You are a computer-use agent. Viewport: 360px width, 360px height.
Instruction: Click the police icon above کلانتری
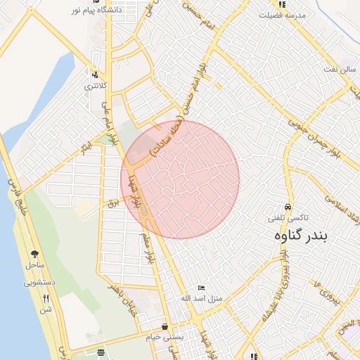(96, 74)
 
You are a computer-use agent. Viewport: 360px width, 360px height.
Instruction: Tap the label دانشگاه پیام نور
(96, 11)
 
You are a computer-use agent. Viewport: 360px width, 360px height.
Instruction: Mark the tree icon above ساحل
(34, 253)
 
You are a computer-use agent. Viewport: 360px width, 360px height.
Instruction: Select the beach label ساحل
(34, 265)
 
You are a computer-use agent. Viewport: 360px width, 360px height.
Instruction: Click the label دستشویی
(40, 283)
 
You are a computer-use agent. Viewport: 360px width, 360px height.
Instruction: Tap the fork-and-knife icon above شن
(46, 298)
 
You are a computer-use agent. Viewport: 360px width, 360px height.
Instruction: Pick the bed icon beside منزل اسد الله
(202, 288)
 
